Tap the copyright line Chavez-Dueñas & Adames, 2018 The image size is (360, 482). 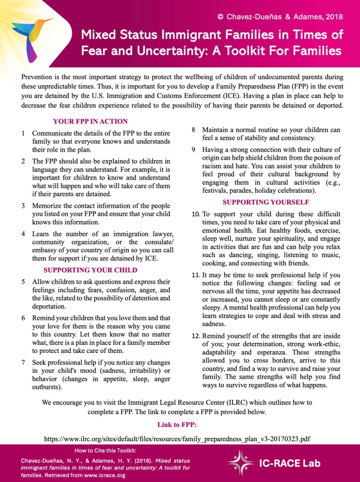click(x=280, y=16)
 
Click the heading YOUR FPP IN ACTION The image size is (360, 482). click(x=90, y=121)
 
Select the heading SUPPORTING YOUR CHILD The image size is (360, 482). click(x=90, y=270)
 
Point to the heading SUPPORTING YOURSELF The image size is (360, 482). click(x=266, y=202)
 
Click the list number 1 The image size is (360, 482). click(x=24, y=133)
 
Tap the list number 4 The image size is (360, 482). click(x=24, y=234)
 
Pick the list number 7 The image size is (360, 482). click(x=24, y=362)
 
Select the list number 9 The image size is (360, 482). click(x=193, y=149)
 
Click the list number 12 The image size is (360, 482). click(x=196, y=336)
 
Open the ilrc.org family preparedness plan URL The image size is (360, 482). click(x=177, y=439)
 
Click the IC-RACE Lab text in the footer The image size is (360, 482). click(x=290, y=463)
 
